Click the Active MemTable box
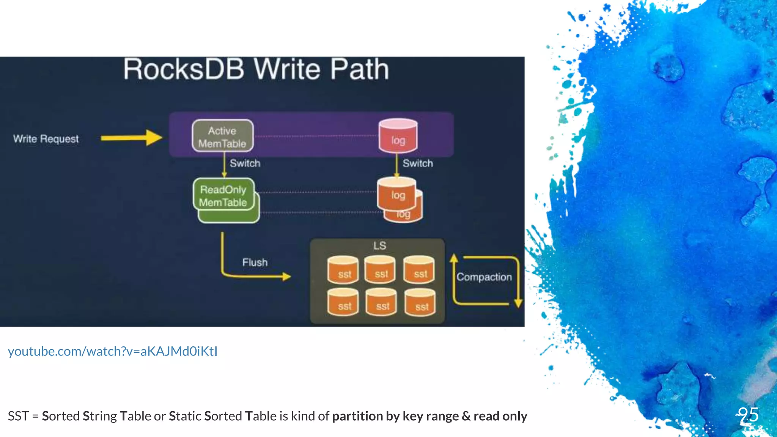point(223,136)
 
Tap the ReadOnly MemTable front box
point(223,195)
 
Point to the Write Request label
point(46,139)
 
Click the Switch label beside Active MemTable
point(245,163)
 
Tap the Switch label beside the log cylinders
point(417,163)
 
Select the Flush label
point(255,263)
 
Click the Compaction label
point(484,277)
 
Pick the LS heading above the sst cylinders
point(379,246)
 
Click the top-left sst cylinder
point(343,270)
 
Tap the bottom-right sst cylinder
point(420,303)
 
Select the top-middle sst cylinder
point(380,270)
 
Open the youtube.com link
point(113,351)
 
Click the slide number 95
point(748,415)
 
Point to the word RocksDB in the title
point(184,69)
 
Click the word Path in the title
point(359,69)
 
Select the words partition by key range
point(396,416)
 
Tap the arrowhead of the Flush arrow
point(287,277)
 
